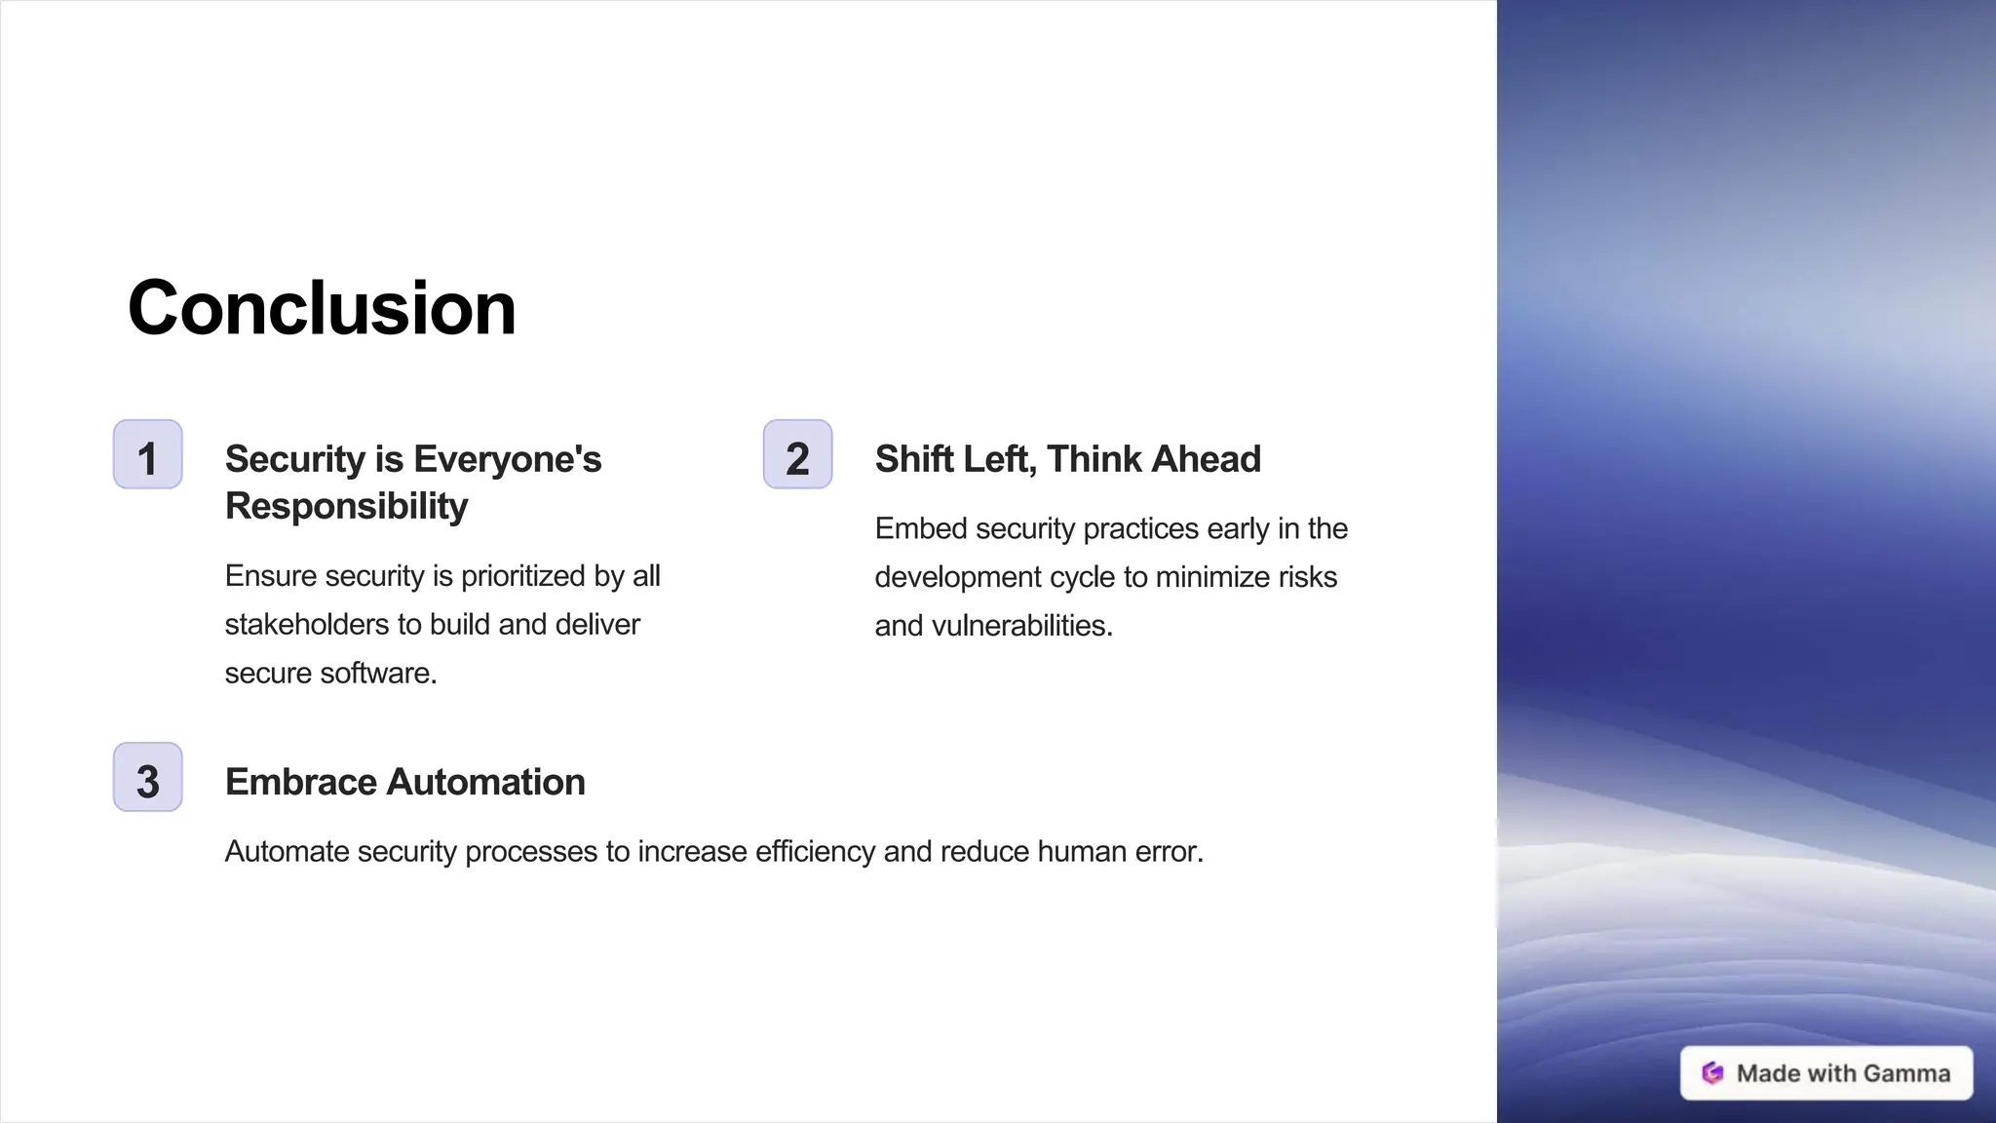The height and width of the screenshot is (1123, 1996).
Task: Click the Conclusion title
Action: [322, 308]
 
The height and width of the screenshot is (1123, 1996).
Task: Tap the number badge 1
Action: [148, 455]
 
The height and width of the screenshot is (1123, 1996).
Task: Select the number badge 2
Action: [797, 455]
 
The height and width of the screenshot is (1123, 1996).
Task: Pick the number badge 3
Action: [148, 778]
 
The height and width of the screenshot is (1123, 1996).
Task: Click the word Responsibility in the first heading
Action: [346, 507]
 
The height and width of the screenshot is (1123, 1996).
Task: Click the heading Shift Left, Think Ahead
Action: [1067, 459]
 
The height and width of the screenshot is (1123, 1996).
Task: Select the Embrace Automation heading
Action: [404, 782]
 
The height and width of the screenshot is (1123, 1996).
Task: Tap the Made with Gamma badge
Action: [1826, 1073]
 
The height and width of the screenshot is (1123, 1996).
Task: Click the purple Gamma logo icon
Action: [1712, 1073]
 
